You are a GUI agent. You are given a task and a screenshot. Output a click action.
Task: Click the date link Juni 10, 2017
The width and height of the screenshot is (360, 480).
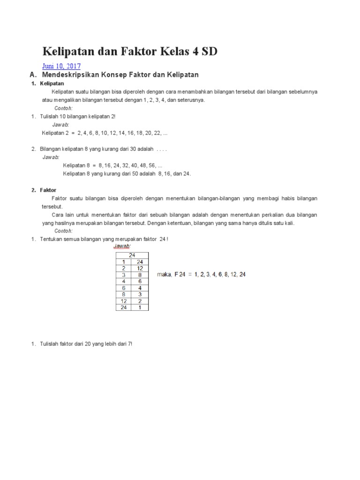tap(61, 66)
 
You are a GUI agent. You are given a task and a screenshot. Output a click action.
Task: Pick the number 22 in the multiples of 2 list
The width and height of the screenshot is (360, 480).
tap(157, 133)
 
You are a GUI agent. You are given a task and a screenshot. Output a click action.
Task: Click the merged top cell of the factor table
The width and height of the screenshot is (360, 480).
tap(132, 255)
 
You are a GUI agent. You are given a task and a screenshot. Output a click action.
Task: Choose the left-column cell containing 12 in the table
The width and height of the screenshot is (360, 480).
tap(123, 301)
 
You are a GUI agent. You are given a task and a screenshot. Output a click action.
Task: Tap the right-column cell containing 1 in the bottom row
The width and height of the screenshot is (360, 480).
tap(140, 307)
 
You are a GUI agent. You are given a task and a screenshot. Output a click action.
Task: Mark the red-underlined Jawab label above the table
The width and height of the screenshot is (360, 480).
tap(122, 246)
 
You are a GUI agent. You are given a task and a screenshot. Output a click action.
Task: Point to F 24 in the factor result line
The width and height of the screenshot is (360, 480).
tap(180, 275)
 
